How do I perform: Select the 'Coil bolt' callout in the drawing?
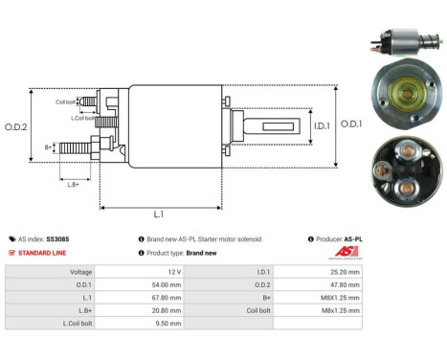click(64, 100)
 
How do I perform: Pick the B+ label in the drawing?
click(49, 147)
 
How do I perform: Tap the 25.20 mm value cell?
click(342, 271)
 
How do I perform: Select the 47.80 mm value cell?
click(342, 284)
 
